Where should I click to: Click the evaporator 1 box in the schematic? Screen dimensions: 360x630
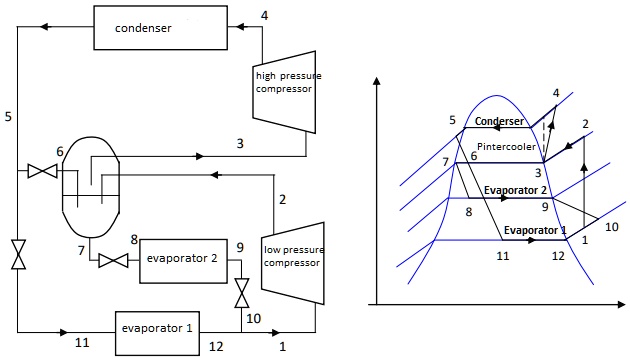[x=157, y=328]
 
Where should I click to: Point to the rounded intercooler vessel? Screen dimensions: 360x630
[x=89, y=190]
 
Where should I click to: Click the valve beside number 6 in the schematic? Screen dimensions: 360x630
[x=42, y=172]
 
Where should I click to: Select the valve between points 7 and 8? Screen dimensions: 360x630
[x=110, y=262]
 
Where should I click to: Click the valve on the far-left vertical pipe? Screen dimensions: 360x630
[x=17, y=254]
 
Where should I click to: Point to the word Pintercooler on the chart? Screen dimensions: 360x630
[x=505, y=145]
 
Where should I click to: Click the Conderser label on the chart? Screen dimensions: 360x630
[x=499, y=122]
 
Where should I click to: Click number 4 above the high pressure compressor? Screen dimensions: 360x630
[x=264, y=15]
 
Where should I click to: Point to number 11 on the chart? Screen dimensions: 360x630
[x=503, y=256]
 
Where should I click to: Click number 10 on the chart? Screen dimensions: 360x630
[x=612, y=227]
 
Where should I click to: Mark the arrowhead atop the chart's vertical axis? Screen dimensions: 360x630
[x=376, y=82]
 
